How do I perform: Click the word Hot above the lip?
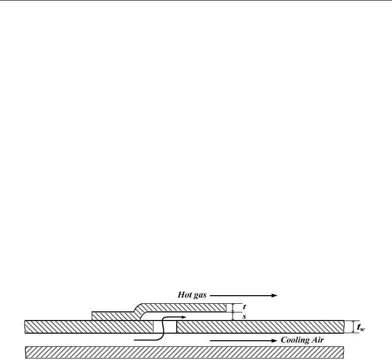184,295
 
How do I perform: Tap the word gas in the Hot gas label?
199,296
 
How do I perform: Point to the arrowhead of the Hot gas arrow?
275,296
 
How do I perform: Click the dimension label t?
244,307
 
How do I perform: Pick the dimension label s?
244,316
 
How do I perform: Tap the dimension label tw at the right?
361,327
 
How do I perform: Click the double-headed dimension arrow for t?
233,308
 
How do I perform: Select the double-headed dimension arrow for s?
233,316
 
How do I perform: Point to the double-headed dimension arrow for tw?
353,327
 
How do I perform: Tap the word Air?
317,340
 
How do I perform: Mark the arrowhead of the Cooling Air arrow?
275,341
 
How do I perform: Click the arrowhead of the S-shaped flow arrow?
184,317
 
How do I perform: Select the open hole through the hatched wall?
165,327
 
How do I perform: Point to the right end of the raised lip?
226,308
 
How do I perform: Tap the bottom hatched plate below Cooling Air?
184,352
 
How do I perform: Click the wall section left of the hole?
89,327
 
